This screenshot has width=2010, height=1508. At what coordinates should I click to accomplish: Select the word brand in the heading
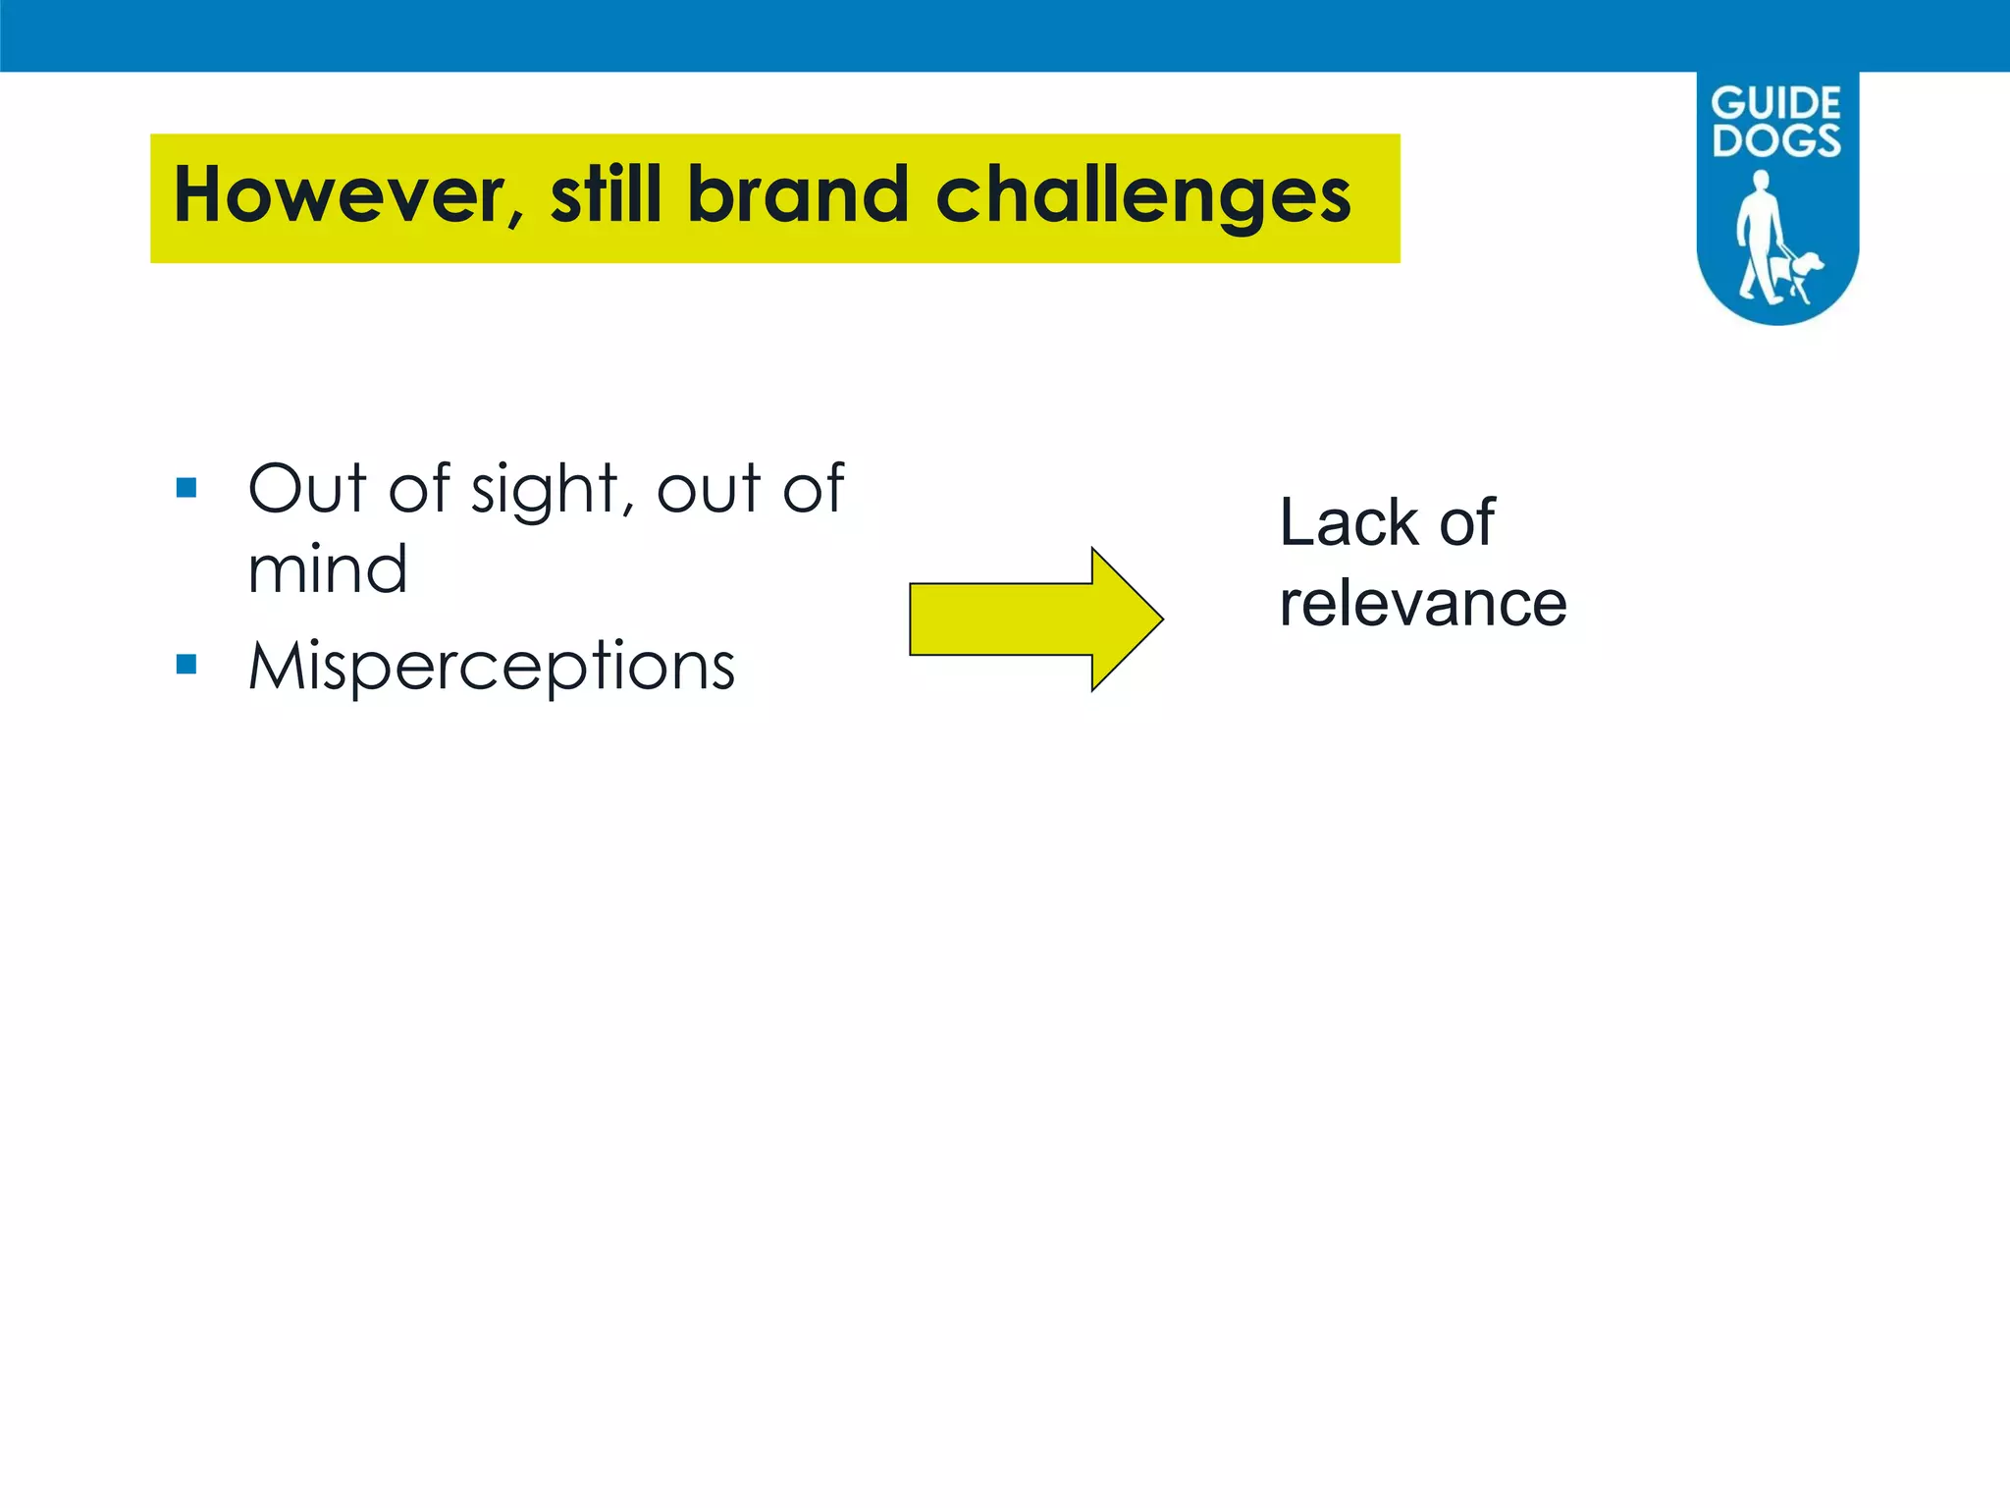pos(798,194)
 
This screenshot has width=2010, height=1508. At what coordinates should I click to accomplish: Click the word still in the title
pos(606,194)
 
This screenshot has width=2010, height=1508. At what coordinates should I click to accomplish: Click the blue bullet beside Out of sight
pos(186,488)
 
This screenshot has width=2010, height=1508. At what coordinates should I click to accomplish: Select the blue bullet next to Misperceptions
pos(186,665)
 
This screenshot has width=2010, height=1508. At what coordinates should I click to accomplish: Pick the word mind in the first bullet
pos(327,569)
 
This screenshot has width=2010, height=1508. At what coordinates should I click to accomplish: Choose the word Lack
pos(1349,522)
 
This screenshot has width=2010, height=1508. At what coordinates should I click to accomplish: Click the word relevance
pos(1422,604)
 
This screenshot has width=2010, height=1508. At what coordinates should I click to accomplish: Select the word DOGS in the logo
pos(1776,140)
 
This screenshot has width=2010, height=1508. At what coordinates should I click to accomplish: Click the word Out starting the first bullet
pos(307,489)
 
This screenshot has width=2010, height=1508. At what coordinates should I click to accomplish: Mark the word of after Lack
pos(1466,522)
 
